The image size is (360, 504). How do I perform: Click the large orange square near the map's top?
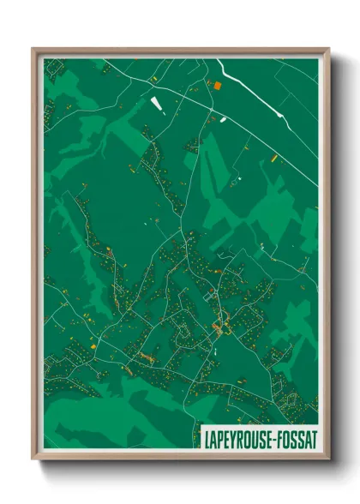click(218, 86)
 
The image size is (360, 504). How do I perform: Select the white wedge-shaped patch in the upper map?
click(157, 105)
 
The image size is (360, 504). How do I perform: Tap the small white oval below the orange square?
click(221, 117)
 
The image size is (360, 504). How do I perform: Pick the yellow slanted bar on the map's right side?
click(273, 158)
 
